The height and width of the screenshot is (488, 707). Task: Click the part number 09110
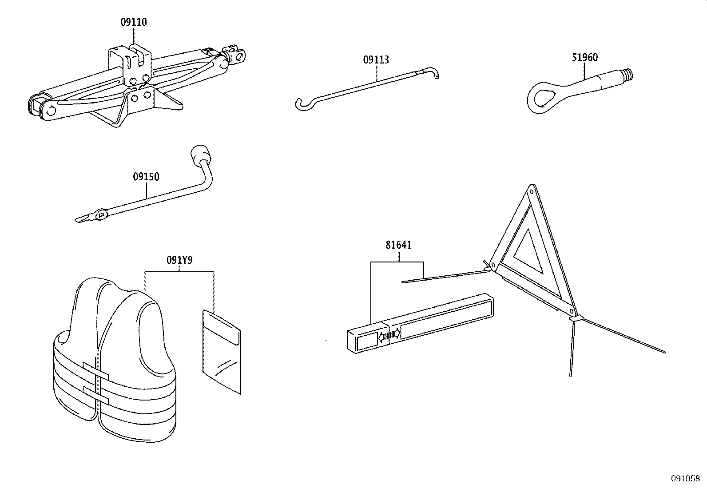tap(134, 22)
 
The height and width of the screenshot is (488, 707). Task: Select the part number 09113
tap(376, 60)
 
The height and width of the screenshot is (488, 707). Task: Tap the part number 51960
tap(585, 57)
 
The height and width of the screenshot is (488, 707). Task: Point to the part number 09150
tap(146, 177)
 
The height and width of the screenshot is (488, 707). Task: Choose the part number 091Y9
tap(179, 260)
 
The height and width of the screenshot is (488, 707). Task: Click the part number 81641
tap(399, 245)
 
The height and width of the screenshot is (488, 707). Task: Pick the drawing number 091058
tap(685, 479)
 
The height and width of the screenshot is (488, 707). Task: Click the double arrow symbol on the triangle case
tap(389, 334)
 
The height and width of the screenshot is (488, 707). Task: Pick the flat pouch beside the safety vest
tap(222, 352)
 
